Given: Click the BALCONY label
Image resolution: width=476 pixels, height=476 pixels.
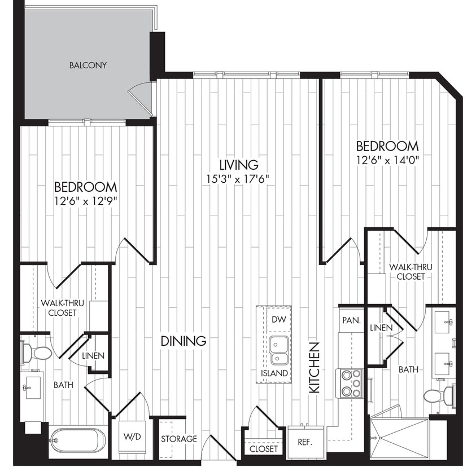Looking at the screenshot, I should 88,65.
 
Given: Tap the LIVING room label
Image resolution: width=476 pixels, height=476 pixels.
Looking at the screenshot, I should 239,165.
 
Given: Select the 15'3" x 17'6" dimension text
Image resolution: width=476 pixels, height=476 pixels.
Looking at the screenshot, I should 239,179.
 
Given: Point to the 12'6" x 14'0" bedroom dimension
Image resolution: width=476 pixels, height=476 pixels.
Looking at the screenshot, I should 387,160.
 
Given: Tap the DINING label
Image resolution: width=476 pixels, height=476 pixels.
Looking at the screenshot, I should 183,341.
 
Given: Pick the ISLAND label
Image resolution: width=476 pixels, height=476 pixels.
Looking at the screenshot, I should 274,373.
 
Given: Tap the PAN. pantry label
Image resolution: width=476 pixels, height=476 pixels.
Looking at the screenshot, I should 351,320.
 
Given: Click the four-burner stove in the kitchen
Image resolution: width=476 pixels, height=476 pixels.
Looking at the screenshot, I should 350,383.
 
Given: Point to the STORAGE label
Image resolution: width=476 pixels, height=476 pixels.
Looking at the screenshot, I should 178,439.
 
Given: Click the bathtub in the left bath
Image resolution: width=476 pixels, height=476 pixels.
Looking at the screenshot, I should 77,441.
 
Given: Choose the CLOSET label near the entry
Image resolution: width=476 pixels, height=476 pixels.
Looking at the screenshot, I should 264,449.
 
